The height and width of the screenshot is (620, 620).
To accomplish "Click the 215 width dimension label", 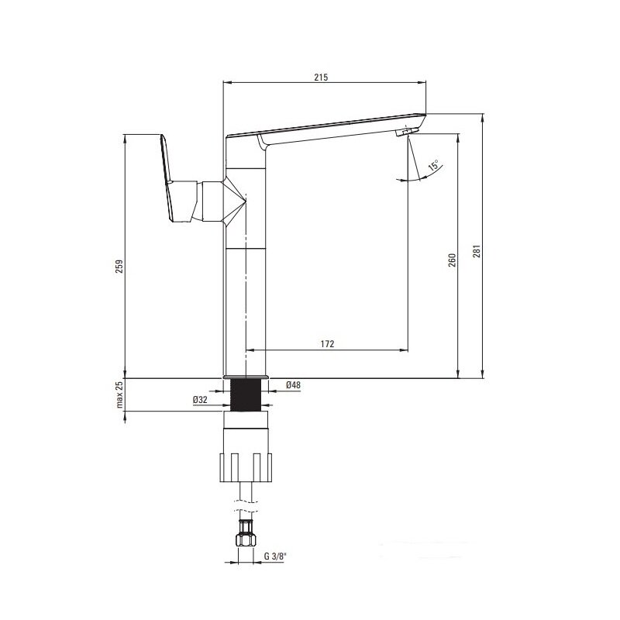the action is coord(321,77).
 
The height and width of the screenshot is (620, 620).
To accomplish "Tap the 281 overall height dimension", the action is coord(477,251).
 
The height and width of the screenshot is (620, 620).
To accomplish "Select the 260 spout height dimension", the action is coord(453,260).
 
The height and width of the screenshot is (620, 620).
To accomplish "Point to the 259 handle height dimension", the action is coord(119,266).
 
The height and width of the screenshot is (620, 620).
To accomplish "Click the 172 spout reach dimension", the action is coord(327,344).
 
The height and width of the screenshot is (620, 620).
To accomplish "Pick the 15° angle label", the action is coord(433,165).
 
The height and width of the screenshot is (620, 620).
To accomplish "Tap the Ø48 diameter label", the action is coord(293,384).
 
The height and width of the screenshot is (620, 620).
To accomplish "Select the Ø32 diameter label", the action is coord(200,400).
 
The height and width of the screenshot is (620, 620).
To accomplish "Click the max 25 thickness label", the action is coord(120,394).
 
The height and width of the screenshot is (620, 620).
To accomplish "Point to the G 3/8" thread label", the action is coord(275,556).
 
